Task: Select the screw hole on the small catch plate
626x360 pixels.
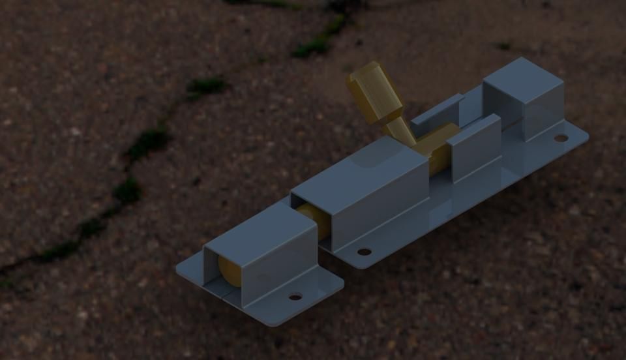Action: pyautogui.click(x=295, y=297)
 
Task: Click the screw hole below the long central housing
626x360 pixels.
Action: pyautogui.click(x=364, y=252)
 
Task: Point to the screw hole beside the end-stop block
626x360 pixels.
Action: pyautogui.click(x=561, y=138)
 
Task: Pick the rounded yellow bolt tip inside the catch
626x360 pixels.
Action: pyautogui.click(x=229, y=271)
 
